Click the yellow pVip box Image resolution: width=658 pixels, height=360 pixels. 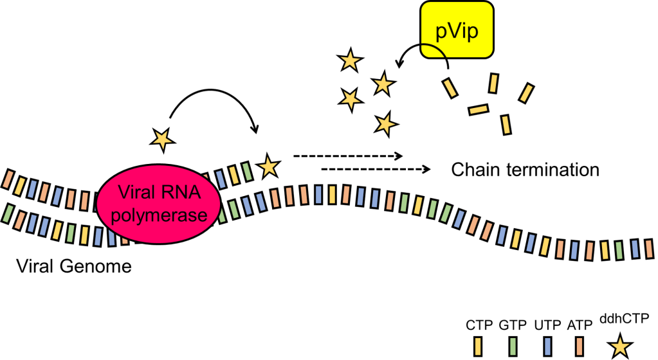456,30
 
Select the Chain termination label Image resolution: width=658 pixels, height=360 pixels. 525,170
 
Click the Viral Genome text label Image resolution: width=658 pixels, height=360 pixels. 73,266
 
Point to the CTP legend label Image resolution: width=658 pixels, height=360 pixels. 479,325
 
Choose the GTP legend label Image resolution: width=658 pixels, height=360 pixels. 512,325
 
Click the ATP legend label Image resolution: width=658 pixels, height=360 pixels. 580,325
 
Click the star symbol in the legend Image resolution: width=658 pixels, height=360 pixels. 621,346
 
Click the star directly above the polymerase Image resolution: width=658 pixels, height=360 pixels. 161,138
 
